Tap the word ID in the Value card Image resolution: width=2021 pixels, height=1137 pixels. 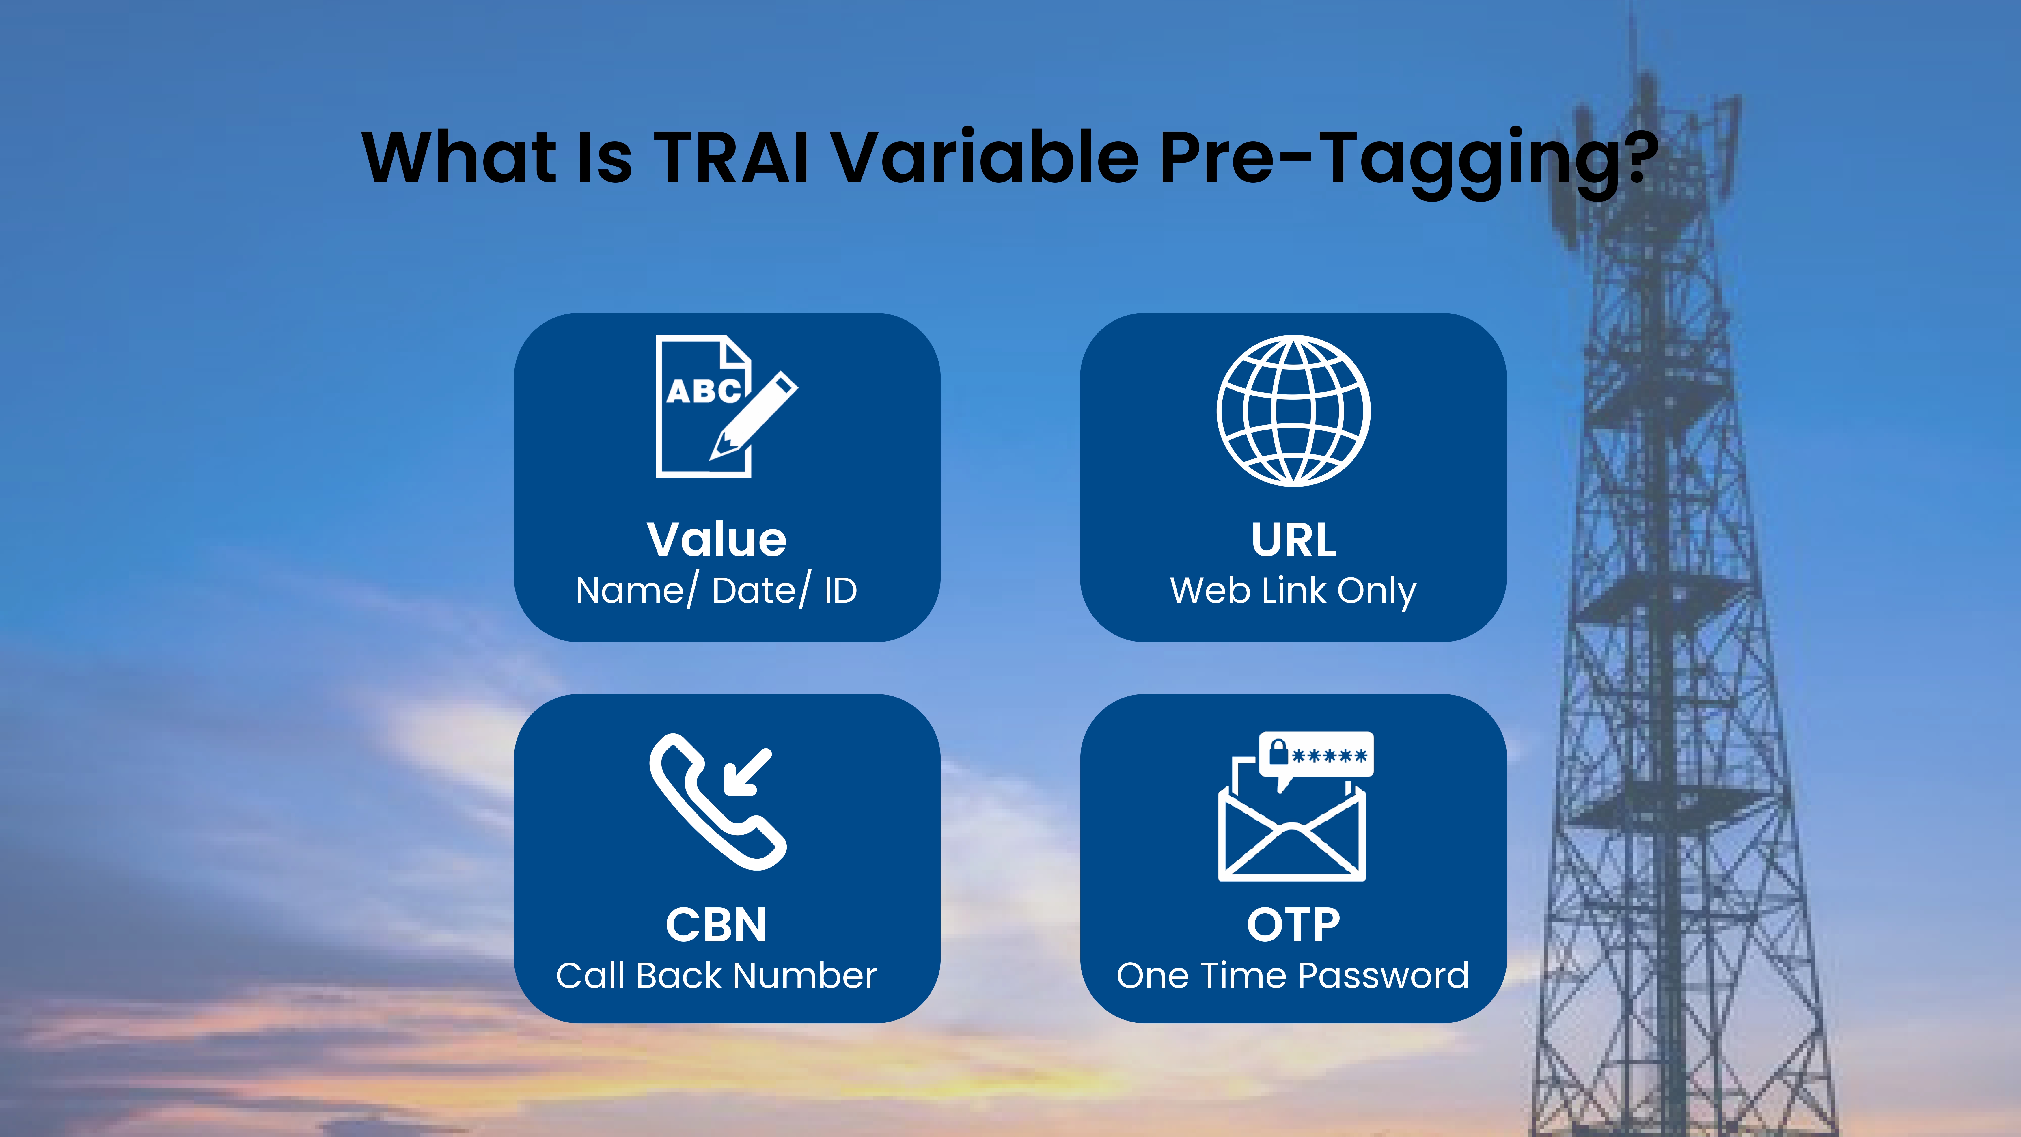pyautogui.click(x=840, y=591)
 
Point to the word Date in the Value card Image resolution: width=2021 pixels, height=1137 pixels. pyautogui.click(x=754, y=591)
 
